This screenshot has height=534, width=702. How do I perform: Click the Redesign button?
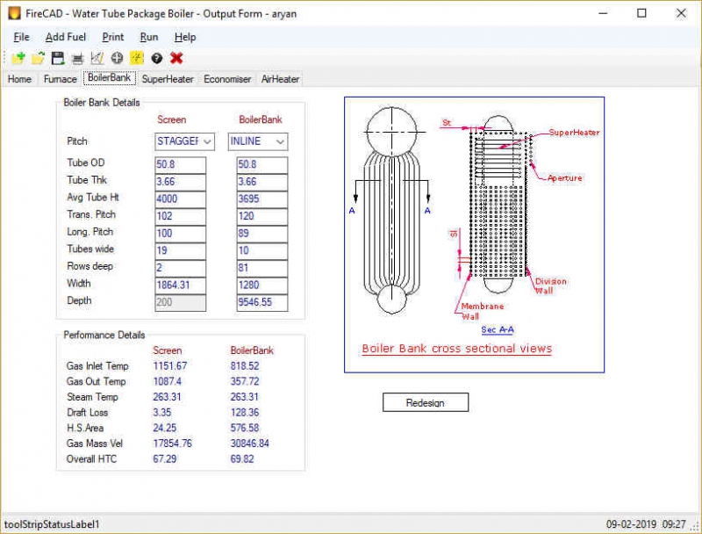pos(426,402)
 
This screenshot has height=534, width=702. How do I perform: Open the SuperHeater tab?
pos(168,79)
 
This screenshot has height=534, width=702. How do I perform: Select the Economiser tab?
pos(227,79)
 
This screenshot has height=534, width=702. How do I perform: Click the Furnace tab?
pos(61,79)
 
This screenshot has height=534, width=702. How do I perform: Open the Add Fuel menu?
pos(66,37)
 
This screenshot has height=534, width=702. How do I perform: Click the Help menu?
pos(185,37)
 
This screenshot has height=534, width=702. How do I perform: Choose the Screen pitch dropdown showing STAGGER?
pos(184,141)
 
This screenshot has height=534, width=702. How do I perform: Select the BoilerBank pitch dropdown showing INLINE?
pos(257,141)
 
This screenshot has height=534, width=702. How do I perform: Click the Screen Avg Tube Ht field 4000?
pos(180,199)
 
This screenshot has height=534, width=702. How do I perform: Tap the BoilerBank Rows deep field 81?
pos(261,268)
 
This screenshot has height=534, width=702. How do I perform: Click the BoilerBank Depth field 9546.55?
pos(261,302)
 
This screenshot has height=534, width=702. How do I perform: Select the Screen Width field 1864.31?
pos(180,285)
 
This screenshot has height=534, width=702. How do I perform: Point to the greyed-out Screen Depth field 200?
pos(180,302)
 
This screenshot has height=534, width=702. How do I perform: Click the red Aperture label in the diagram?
pos(564,178)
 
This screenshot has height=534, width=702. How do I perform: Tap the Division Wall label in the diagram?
pos(550,286)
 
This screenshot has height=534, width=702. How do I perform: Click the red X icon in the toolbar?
pos(176,58)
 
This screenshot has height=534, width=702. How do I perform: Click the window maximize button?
pos(641,13)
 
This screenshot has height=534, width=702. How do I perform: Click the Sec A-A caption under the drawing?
pos(498,330)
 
